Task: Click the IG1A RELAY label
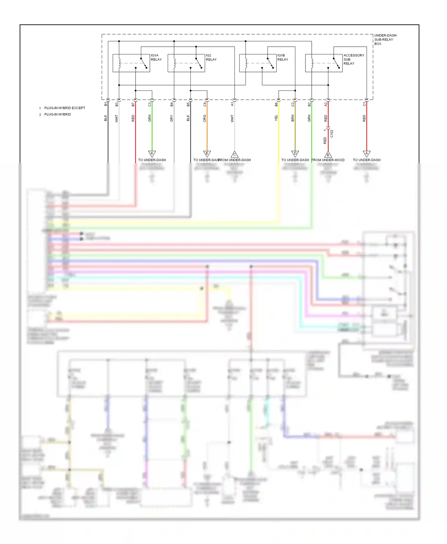tap(156, 57)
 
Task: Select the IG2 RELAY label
tap(211, 57)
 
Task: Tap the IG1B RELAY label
tap(283, 57)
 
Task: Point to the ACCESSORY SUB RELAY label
tap(353, 59)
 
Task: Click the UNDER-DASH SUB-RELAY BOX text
tap(385, 40)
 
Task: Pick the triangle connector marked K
tap(152, 154)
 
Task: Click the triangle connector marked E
tap(207, 154)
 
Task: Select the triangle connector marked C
tap(235, 154)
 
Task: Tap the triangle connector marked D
tap(295, 154)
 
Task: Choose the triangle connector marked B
tap(328, 154)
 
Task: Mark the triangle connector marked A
tap(367, 154)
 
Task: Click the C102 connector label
tap(332, 134)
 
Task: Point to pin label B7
tap(133, 104)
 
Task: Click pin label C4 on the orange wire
tap(205, 104)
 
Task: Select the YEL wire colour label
tap(276, 118)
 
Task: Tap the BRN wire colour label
tap(293, 118)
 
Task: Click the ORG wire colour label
tap(205, 118)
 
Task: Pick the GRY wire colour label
tap(172, 118)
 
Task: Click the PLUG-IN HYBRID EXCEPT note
tap(64, 108)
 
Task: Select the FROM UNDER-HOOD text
tap(328, 160)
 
